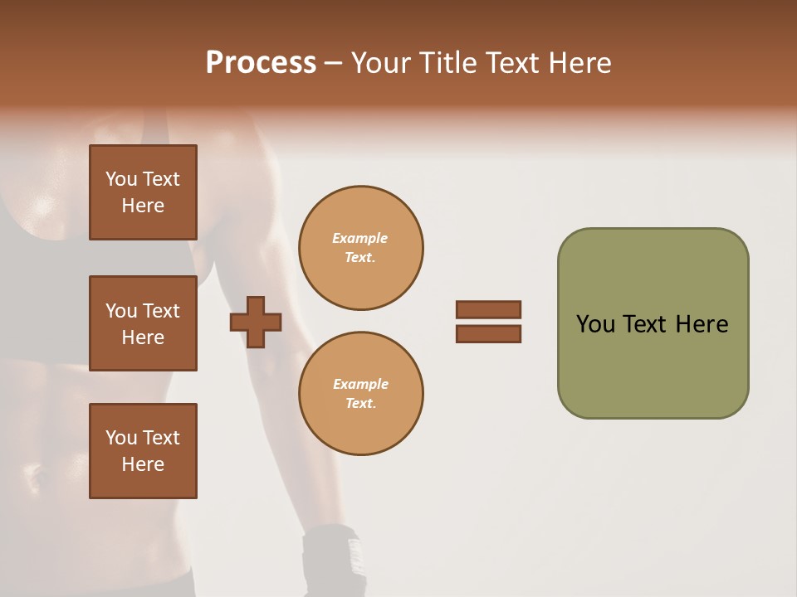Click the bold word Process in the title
pos(261,63)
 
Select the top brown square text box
pos(143,192)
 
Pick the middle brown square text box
pos(143,323)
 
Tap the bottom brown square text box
pos(143,451)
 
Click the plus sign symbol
pos(256,322)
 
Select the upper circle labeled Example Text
pos(360,248)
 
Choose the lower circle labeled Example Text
pos(360,394)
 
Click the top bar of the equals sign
pos(488,309)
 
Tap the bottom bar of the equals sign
pos(488,333)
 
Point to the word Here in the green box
pos(702,324)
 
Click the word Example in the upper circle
pos(360,238)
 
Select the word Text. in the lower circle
pos(360,404)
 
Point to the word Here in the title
pos(579,63)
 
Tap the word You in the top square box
pos(121,179)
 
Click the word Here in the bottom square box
pos(143,464)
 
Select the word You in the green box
pos(595,324)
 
